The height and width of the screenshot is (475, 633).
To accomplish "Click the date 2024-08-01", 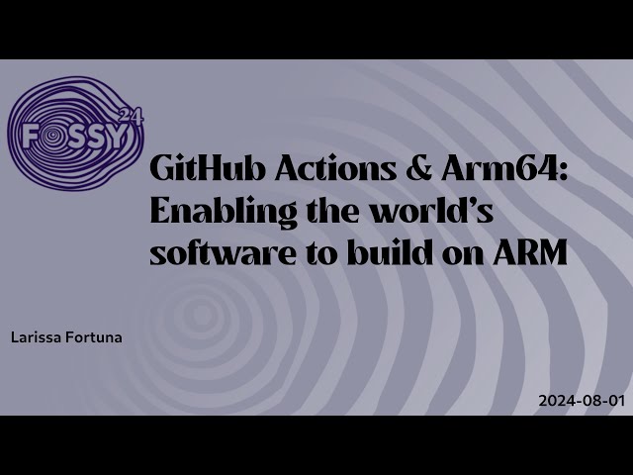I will pyautogui.click(x=582, y=401).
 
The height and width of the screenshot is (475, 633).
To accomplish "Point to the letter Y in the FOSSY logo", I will pyautogui.click(x=118, y=137).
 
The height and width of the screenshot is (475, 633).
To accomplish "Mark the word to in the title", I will pyautogui.click(x=307, y=252).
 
